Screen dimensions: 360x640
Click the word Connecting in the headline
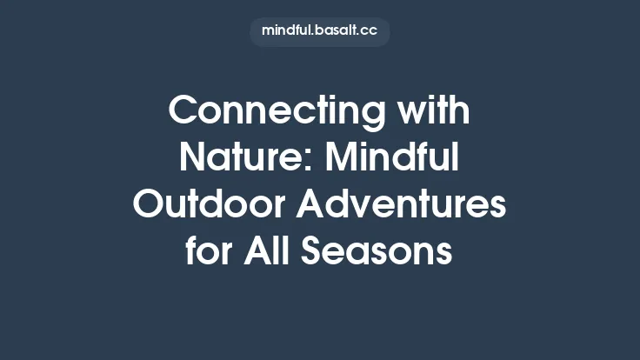coord(277,111)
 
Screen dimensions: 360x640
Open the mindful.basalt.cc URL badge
coord(320,30)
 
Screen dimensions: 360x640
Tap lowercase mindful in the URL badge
coord(288,30)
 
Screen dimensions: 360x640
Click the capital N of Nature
coord(192,158)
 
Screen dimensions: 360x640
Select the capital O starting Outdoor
coord(150,205)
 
